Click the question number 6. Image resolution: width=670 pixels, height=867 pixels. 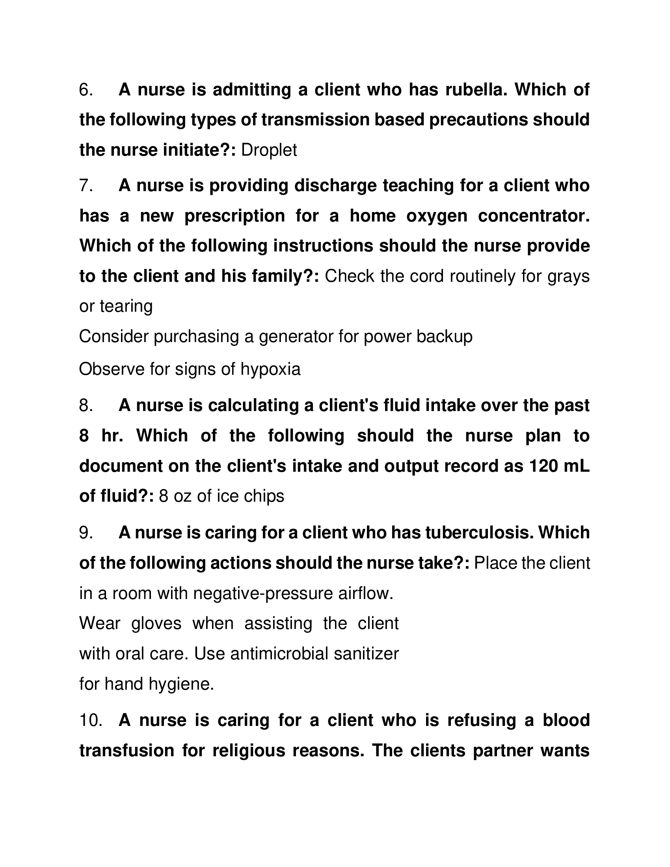(x=86, y=90)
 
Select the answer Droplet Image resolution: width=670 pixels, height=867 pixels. (x=269, y=151)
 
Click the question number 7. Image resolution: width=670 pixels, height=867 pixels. (x=86, y=186)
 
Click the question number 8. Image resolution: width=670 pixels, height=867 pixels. (x=86, y=406)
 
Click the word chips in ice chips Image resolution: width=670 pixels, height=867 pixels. (x=264, y=497)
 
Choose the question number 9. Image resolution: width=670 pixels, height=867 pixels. (x=86, y=533)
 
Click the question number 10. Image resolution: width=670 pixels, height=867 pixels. (x=91, y=720)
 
